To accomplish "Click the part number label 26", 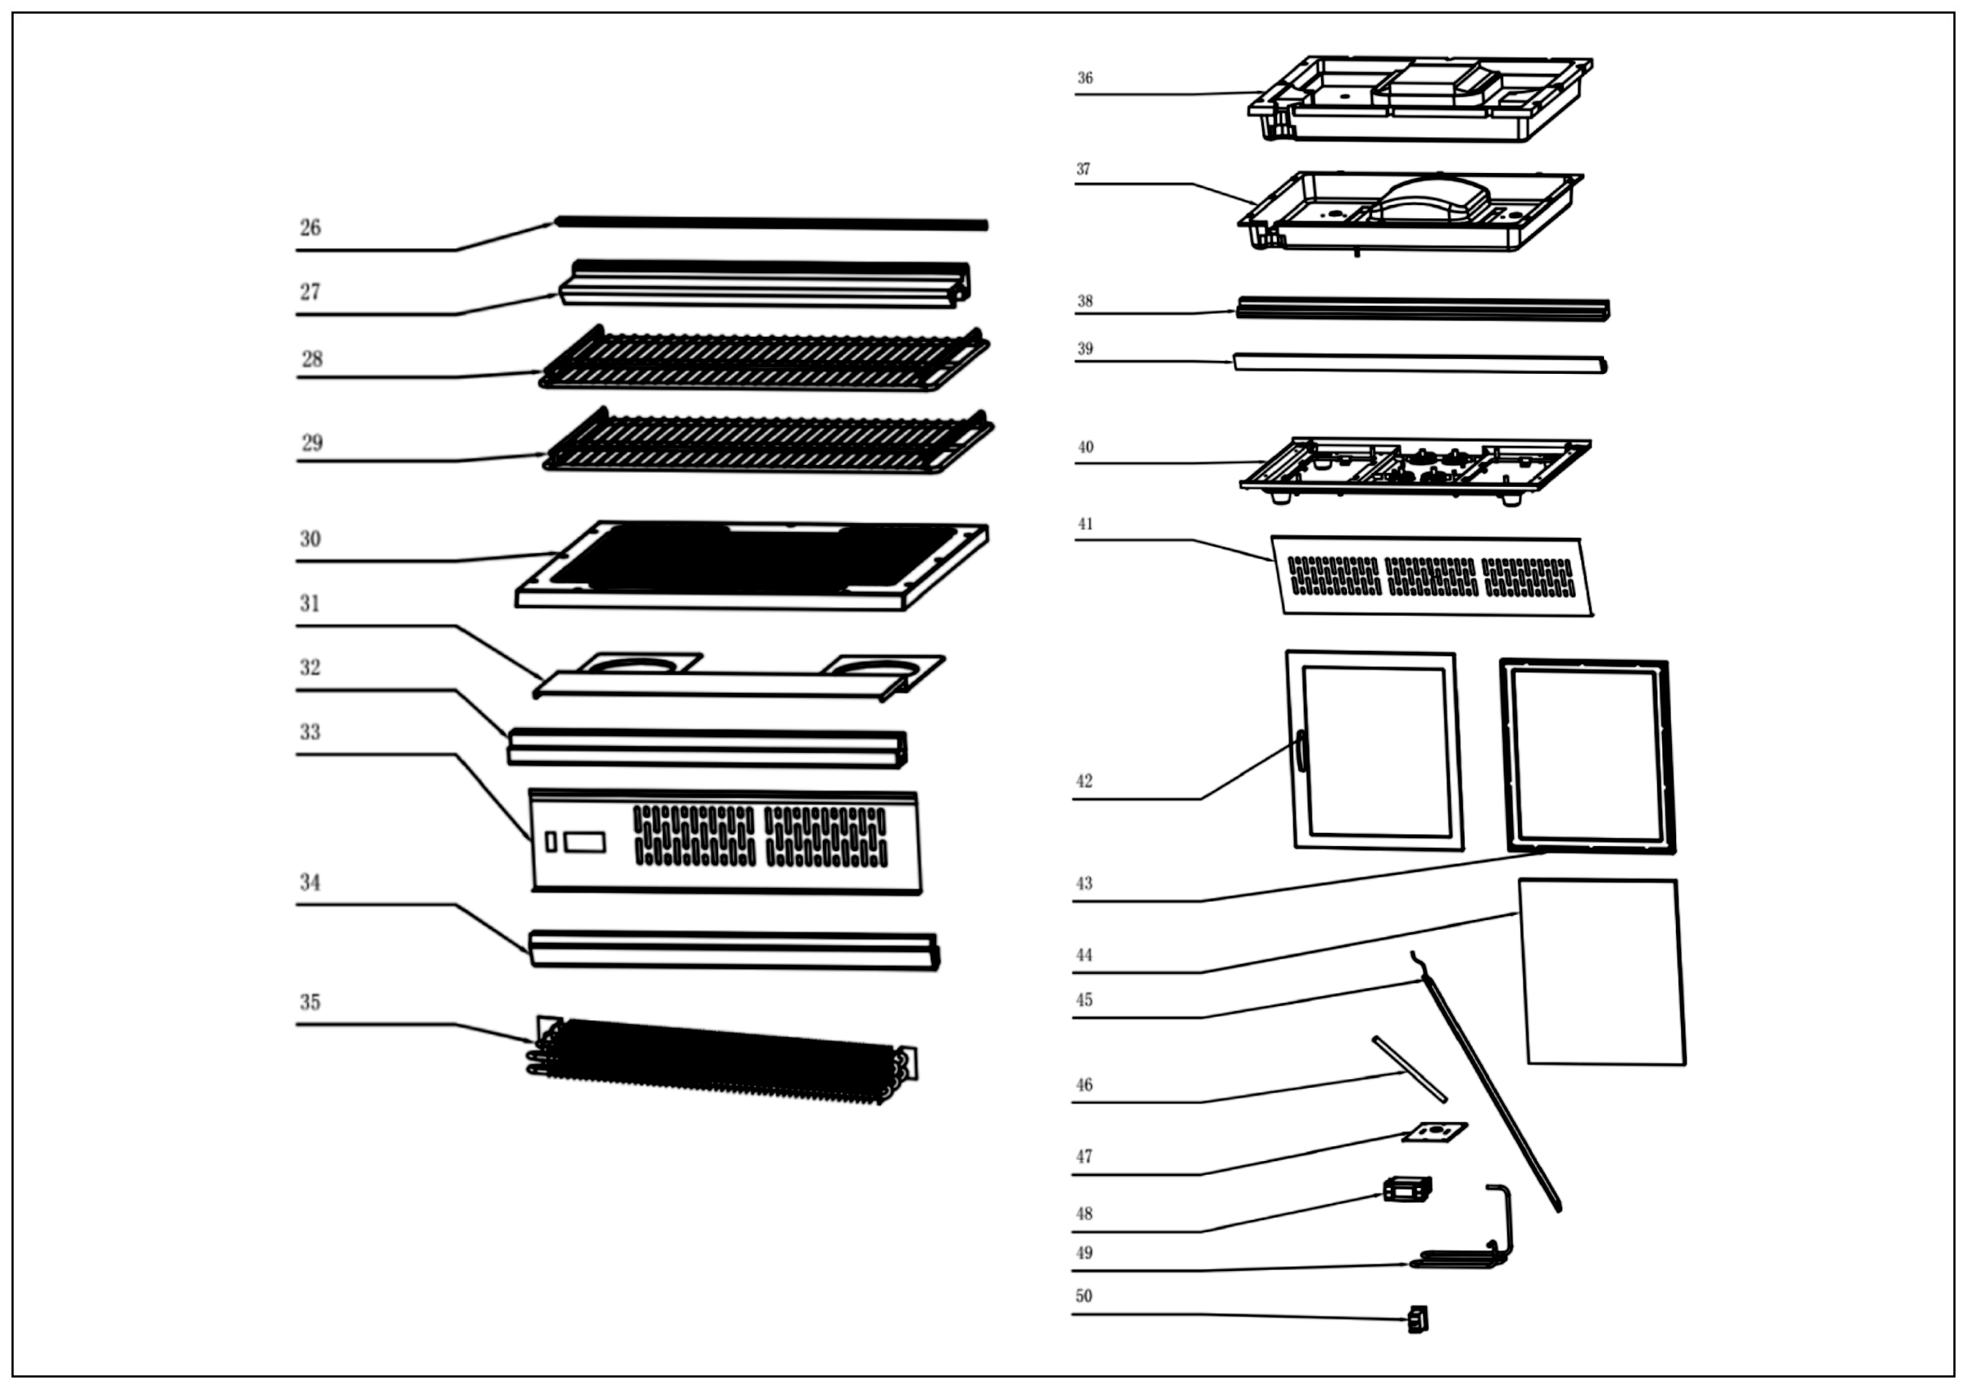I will click(x=310, y=228).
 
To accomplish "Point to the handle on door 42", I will click(x=1301, y=750).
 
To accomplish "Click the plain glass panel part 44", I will click(x=1602, y=972).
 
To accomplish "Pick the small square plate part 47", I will click(x=1434, y=1133).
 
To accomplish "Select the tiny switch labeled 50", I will click(x=1419, y=1318).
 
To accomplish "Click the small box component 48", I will click(x=1406, y=1188).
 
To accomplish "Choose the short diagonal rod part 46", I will click(x=1411, y=1069).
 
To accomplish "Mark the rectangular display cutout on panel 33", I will click(x=584, y=841).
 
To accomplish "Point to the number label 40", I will click(x=1085, y=448).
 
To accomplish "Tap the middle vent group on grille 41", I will click(x=1432, y=576).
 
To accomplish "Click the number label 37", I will click(x=1083, y=170).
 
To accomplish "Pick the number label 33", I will click(x=310, y=731).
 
